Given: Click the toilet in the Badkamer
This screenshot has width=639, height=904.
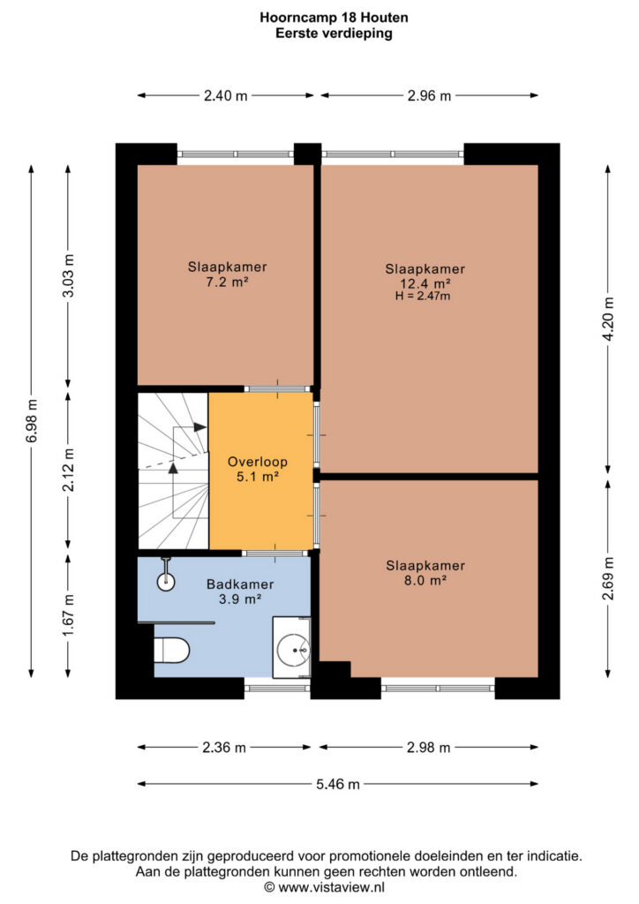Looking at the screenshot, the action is [172, 650].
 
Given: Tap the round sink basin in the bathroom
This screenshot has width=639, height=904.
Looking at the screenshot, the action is [293, 650].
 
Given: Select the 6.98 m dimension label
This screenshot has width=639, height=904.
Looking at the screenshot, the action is [32, 420].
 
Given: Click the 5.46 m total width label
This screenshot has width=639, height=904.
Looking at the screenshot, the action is [338, 784].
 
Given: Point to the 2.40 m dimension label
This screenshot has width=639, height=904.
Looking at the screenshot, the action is [225, 95].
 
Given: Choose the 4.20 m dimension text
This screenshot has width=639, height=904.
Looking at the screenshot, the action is [608, 319].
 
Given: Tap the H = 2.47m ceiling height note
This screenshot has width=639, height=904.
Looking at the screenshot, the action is [423, 297].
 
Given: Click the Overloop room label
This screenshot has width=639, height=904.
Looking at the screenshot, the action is [258, 462].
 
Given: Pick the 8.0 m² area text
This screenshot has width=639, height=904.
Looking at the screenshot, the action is [425, 581].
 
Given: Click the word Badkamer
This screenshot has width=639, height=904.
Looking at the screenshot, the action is [240, 584].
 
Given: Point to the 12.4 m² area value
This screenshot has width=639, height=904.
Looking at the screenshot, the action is [425, 283].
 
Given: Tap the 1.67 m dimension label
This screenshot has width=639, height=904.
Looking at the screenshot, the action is [69, 615].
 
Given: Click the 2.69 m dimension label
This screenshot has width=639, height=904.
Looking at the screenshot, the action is [608, 577].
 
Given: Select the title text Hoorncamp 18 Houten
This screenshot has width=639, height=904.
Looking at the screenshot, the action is [335, 18].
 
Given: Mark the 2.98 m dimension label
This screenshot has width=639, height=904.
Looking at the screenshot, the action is [429, 748].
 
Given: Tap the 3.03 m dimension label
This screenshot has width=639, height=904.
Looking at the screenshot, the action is [69, 275].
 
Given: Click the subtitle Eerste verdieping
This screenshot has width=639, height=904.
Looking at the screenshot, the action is [335, 33].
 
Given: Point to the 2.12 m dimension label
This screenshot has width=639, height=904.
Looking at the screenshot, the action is [69, 470].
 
